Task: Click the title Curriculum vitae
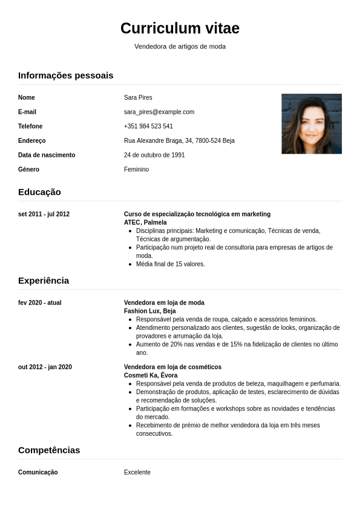(180, 28)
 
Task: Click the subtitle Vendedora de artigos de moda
(180, 47)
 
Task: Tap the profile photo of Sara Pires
(312, 123)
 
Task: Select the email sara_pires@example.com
(159, 112)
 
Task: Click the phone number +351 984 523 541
(148, 126)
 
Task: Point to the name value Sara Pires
(138, 97)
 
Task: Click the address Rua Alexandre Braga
(179, 141)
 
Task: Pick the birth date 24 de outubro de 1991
(154, 155)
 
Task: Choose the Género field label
(28, 169)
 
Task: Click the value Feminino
(136, 169)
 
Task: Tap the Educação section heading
(39, 192)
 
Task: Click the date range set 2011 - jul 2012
(44, 214)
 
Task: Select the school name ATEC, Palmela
(145, 222)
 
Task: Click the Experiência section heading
(44, 280)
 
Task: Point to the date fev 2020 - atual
(40, 303)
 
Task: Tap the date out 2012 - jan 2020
(45, 367)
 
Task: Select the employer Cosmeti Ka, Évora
(151, 375)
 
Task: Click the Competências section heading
(49, 450)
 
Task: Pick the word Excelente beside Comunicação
(137, 472)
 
